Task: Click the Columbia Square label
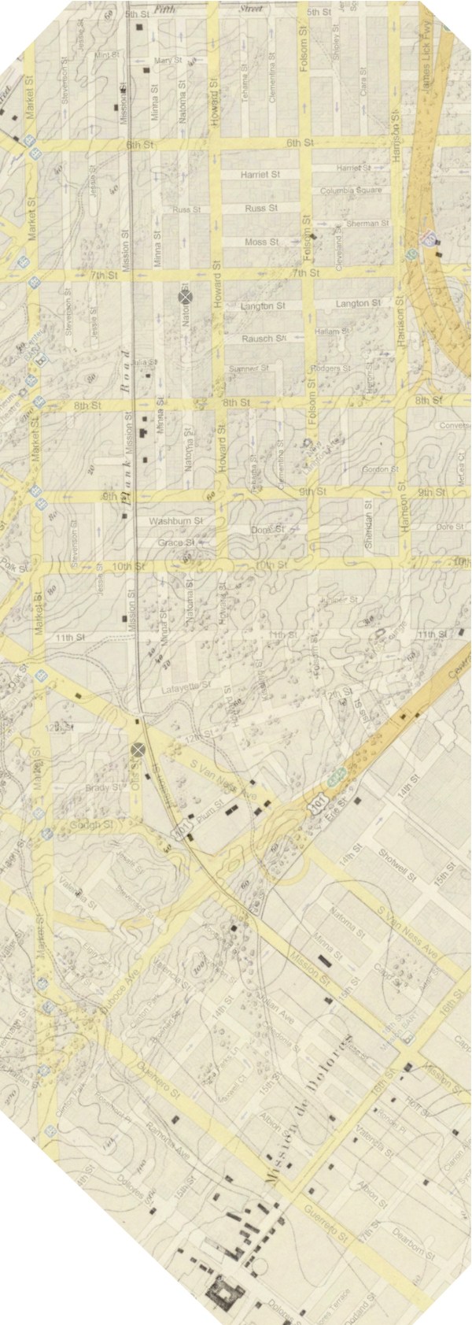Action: coord(351,191)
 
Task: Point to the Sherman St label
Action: coord(367,224)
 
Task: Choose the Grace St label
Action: coord(175,543)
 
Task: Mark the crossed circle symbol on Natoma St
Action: coord(186,297)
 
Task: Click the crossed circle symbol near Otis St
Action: coord(139,749)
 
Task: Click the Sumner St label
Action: coord(248,368)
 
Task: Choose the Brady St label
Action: coord(105,787)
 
